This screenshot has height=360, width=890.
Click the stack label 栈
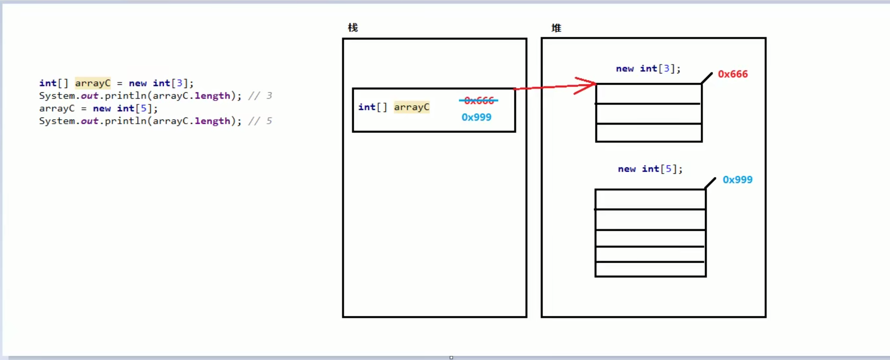click(x=352, y=28)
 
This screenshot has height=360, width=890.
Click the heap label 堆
click(x=556, y=28)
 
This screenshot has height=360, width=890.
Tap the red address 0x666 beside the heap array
click(x=733, y=74)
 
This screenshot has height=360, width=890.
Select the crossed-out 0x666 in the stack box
click(x=479, y=101)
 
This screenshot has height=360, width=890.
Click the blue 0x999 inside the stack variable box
click(x=476, y=117)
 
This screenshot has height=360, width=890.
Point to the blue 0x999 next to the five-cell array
click(x=737, y=180)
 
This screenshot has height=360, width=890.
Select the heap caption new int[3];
click(x=648, y=69)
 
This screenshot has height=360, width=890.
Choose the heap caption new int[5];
click(x=650, y=169)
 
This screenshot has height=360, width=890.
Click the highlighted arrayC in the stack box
click(x=411, y=107)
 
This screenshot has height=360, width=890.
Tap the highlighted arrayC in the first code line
click(x=93, y=83)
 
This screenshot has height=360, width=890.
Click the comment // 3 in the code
click(x=260, y=96)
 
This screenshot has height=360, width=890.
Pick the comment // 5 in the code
click(x=260, y=121)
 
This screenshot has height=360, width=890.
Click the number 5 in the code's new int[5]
click(x=144, y=109)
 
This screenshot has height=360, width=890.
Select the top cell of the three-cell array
click(x=648, y=94)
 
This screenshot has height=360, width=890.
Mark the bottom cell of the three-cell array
click(x=648, y=133)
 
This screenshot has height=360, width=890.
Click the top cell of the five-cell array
click(x=650, y=199)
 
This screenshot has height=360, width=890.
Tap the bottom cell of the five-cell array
click(x=650, y=269)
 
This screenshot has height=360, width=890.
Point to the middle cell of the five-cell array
click(x=650, y=238)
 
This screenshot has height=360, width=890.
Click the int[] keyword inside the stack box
click(x=372, y=107)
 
